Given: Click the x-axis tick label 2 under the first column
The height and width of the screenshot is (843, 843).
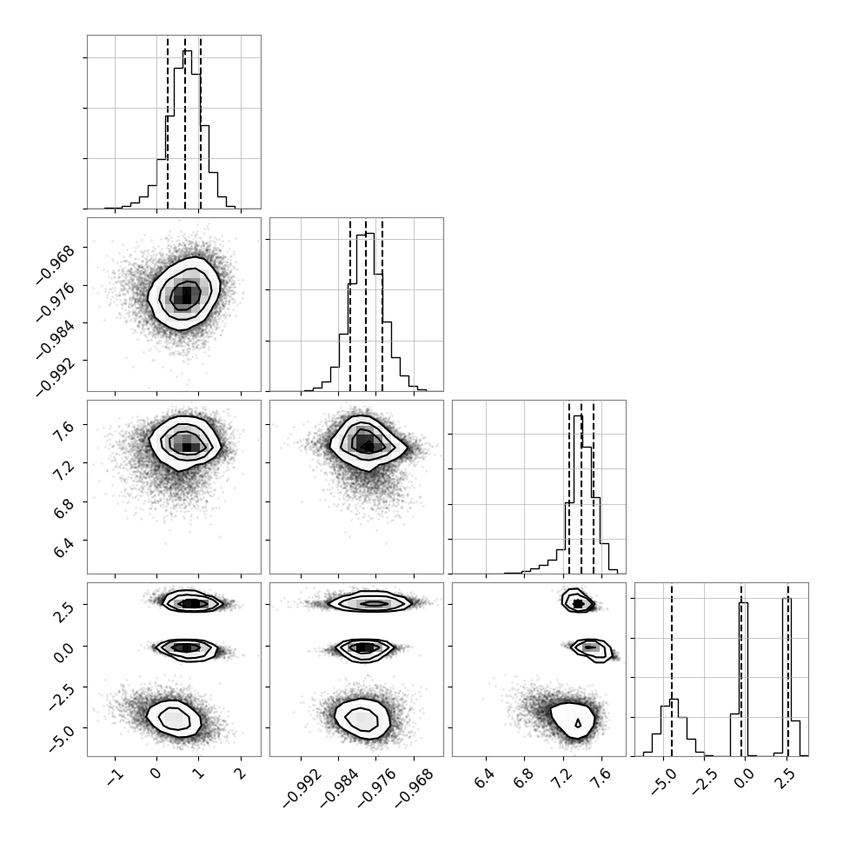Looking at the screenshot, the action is point(241,773).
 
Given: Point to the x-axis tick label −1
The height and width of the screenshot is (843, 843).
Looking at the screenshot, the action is point(115,776).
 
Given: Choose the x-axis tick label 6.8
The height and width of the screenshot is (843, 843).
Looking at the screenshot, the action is point(524,779).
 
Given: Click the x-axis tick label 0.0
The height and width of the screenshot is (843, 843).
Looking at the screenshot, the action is point(745,779).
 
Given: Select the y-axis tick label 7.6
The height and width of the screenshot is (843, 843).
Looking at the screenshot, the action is point(64,431).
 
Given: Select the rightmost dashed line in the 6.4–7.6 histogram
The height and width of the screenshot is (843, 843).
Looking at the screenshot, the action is point(594,487).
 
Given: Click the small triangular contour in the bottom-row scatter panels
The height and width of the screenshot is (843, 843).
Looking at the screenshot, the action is point(578,723).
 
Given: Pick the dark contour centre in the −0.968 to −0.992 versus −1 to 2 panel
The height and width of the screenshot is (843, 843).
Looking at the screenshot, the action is point(185,295).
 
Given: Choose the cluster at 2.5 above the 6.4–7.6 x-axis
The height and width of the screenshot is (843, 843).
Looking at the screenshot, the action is point(577,602).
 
